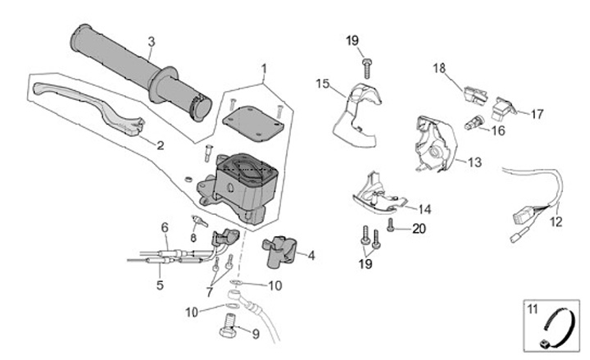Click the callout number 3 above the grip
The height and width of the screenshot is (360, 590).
[151, 41]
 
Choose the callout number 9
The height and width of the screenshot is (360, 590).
[255, 334]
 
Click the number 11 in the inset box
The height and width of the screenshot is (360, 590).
[532, 309]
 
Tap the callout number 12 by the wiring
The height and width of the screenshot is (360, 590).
[556, 221]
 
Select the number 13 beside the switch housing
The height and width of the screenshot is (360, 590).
[474, 162]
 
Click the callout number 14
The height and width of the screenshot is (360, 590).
[424, 208]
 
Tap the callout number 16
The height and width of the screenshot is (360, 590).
[498, 130]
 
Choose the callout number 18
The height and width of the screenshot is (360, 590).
[438, 69]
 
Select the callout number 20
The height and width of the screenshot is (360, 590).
[419, 230]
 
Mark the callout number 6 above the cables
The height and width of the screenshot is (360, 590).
[164, 227]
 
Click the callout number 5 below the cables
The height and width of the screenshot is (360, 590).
[159, 285]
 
